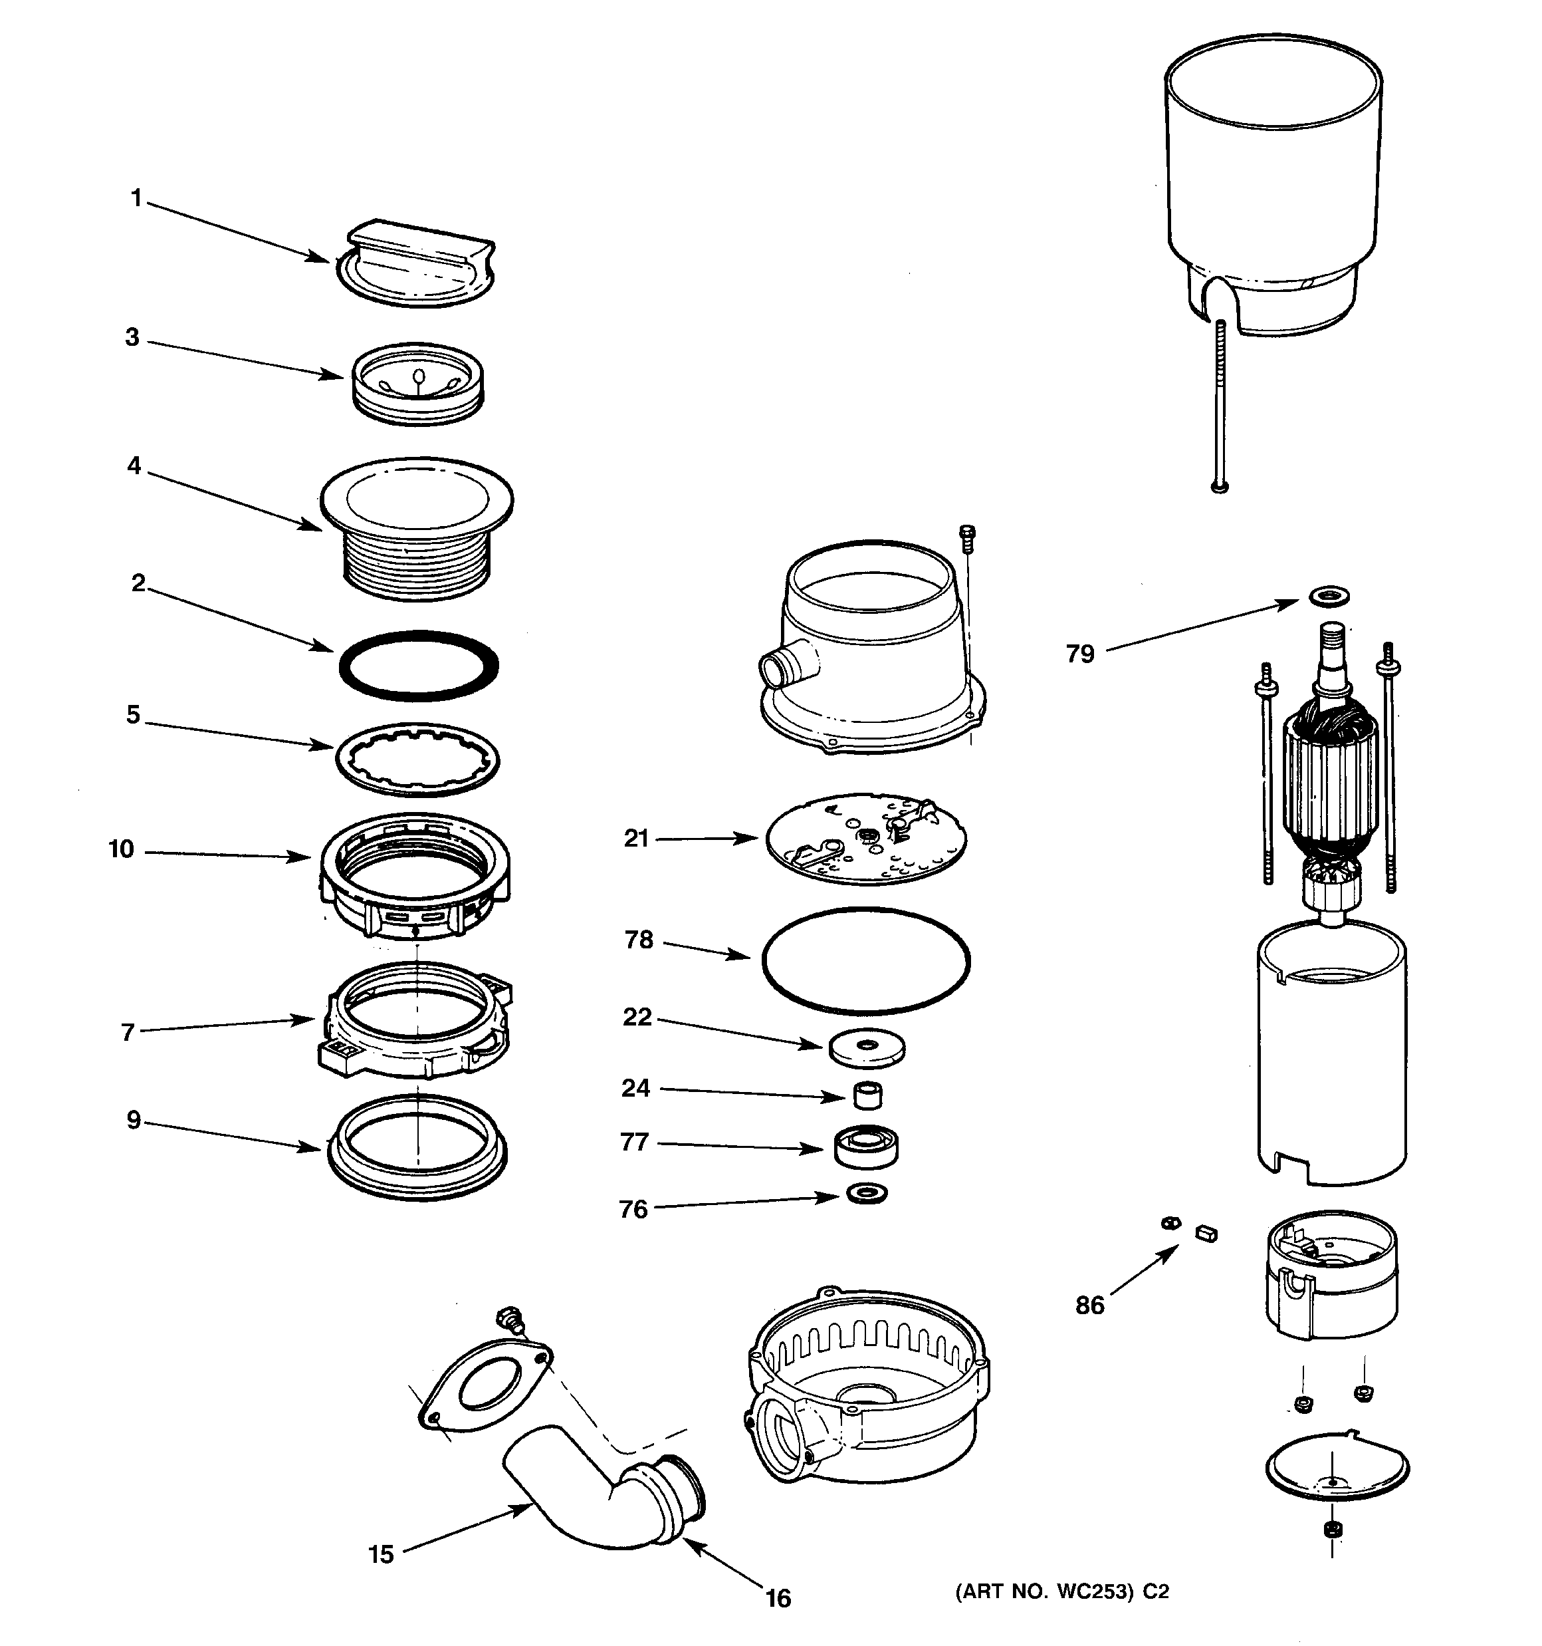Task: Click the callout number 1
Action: point(136,199)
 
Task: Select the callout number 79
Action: point(1080,654)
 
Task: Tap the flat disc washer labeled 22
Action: point(867,1049)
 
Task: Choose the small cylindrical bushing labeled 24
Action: point(867,1095)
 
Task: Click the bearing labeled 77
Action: point(867,1148)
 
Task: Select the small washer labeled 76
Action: point(867,1194)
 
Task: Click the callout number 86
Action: point(1090,1305)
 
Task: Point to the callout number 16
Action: point(778,1598)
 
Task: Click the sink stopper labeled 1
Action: point(418,263)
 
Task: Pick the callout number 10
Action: point(122,849)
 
